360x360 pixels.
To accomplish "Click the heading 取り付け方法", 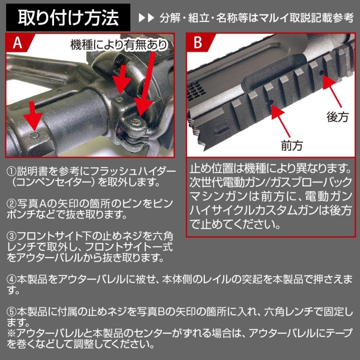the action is (68, 18).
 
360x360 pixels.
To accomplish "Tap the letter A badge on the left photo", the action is (17, 42).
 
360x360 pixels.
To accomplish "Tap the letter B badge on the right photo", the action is (198, 42).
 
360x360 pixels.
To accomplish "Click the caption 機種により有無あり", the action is (119, 45).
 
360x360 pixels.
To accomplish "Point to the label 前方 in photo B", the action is (292, 146).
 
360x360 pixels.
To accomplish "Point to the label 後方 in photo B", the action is (338, 117).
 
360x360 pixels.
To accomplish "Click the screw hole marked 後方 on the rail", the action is (322, 73).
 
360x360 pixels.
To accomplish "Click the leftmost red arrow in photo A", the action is (33, 116).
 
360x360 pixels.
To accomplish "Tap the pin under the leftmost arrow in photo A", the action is (34, 135).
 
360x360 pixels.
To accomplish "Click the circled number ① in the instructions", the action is (12, 171).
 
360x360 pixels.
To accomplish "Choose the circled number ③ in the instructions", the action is (12, 236).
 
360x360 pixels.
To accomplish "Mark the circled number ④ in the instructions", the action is (12, 280).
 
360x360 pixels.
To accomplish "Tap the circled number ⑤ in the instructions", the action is (12, 312).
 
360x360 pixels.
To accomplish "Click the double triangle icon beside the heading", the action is (146, 18).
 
